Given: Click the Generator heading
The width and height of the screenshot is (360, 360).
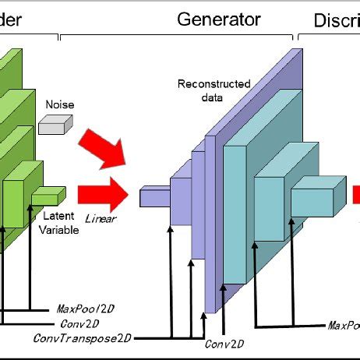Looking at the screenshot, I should pos(219,18).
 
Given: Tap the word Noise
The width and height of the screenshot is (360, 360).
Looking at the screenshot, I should pos(60,102).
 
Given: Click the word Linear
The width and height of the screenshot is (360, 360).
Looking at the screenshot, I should pos(101,219).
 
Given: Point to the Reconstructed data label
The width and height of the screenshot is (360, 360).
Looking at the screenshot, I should pos(203,90).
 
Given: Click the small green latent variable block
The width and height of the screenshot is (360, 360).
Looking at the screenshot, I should pos(48,196).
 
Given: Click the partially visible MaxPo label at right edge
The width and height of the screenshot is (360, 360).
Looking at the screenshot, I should pos(343,324).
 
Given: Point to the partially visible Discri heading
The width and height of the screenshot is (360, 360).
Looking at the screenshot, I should pos(336,19).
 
